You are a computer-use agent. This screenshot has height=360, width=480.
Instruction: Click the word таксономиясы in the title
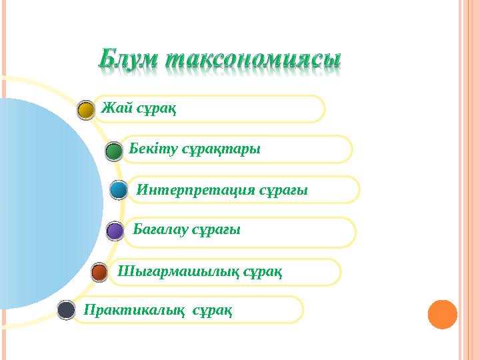(253, 59)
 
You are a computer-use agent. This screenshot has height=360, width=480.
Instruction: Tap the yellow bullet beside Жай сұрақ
(86, 110)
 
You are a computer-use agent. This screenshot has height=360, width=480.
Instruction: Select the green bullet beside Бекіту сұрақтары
(114, 151)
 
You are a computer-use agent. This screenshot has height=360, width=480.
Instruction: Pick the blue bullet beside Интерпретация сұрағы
(119, 191)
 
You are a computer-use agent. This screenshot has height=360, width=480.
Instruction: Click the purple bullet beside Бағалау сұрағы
(115, 231)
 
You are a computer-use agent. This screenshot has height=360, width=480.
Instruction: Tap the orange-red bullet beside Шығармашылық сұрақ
(99, 272)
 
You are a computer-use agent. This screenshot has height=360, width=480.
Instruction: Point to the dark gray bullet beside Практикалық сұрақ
(66, 309)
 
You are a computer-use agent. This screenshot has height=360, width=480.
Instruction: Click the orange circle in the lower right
(442, 315)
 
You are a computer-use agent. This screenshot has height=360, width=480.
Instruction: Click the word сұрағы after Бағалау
(216, 230)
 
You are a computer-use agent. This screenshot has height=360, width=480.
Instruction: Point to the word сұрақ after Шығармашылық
(263, 271)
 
